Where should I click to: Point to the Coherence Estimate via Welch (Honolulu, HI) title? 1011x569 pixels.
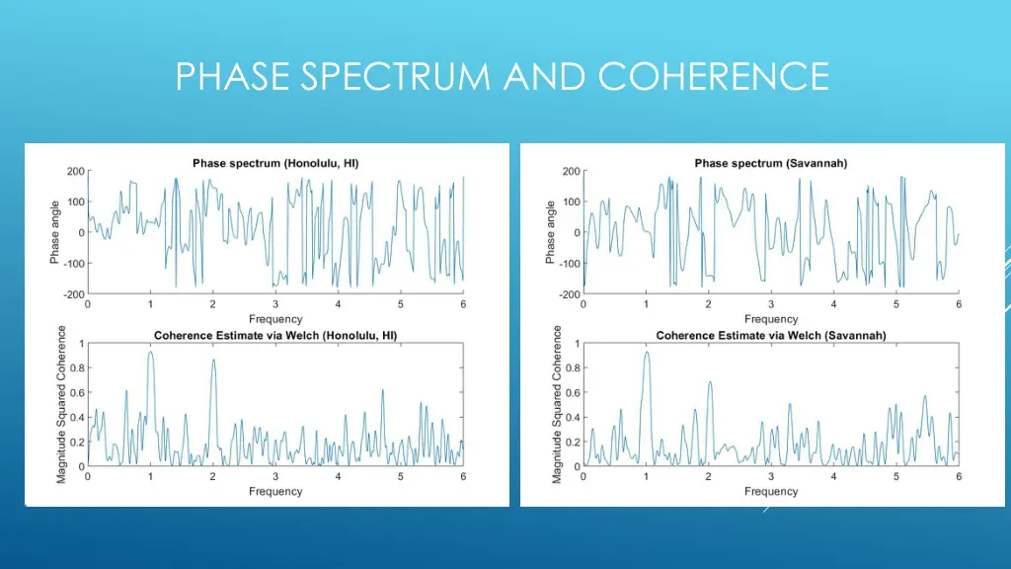pyautogui.click(x=275, y=336)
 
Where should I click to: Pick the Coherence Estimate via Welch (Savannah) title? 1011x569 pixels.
pyautogui.click(x=771, y=336)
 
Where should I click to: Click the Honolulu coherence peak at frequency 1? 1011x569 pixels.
pyautogui.click(x=150, y=353)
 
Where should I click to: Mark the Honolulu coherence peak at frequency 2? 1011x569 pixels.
pyautogui.click(x=213, y=360)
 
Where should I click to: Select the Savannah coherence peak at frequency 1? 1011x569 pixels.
pyautogui.click(x=646, y=353)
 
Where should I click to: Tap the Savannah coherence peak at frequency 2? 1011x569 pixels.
pyautogui.click(x=709, y=382)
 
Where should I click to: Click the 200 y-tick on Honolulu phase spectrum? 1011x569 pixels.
pyautogui.click(x=76, y=171)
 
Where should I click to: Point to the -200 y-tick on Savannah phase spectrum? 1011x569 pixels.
pyautogui.click(x=570, y=294)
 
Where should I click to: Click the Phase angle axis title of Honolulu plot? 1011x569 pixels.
pyautogui.click(x=55, y=232)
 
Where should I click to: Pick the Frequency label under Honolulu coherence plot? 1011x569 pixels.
pyautogui.click(x=275, y=491)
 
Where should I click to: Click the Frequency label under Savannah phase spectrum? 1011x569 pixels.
pyautogui.click(x=771, y=319)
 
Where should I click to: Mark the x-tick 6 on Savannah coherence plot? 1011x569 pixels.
pyautogui.click(x=959, y=477)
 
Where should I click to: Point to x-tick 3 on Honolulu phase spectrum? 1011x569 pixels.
pyautogui.click(x=275, y=304)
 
